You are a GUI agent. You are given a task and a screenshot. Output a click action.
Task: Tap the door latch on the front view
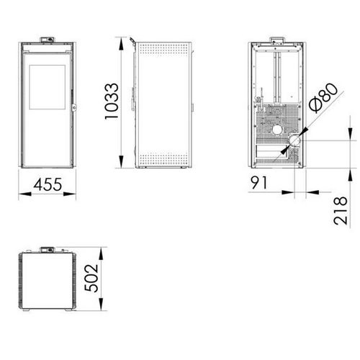(75, 109)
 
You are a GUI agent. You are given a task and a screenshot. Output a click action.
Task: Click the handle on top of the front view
(50, 38)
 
